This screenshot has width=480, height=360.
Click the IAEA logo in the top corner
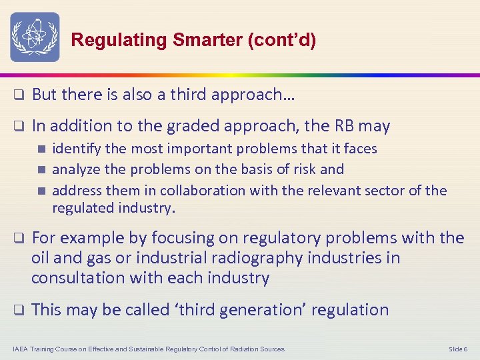click(x=35, y=37)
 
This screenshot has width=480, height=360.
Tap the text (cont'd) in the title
click(x=281, y=40)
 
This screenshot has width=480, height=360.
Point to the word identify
click(x=75, y=149)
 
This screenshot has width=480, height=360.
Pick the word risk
click(x=305, y=169)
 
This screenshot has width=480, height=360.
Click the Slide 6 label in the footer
click(x=458, y=349)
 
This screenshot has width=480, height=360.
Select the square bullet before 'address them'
click(x=42, y=191)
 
